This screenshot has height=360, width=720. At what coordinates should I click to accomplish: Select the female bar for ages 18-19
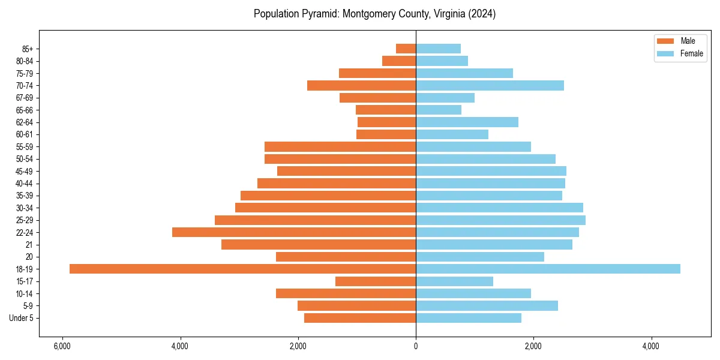coord(548,269)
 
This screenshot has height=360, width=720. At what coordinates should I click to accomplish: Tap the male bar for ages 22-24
coord(294,232)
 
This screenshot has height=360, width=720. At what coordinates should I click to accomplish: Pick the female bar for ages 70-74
coord(490,85)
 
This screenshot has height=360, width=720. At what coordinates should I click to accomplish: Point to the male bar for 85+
coord(406,49)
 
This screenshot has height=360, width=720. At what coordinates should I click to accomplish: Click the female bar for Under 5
coord(469,318)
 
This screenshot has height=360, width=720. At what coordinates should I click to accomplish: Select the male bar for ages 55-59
coord(340,146)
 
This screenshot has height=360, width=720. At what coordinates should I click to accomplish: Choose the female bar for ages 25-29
coord(500,220)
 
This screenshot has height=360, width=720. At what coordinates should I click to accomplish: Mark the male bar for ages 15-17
coord(376,281)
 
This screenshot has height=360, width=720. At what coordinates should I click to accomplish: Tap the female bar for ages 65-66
coord(439,110)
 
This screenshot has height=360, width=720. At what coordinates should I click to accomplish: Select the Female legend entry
coord(680,53)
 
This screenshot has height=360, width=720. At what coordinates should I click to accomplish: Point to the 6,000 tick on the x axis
coord(62,346)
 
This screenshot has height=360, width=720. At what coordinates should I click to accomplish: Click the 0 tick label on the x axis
coord(416,346)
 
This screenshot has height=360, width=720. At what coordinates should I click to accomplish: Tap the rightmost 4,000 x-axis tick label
coord(651,346)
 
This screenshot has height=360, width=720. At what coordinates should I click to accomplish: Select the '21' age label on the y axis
coord(29,245)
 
